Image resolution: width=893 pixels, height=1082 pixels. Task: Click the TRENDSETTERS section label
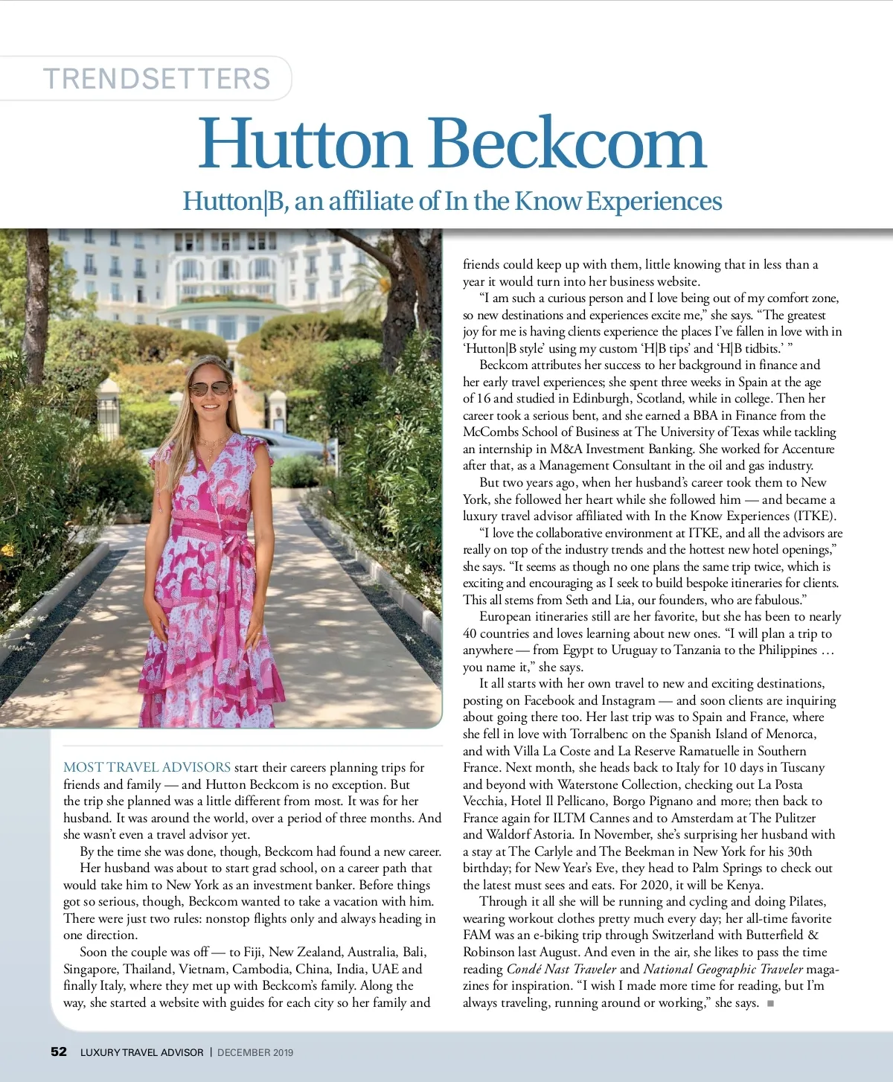tap(156, 79)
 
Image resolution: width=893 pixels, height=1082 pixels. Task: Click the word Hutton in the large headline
tap(304, 144)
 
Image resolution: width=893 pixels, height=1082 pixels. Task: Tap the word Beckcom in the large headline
tap(568, 144)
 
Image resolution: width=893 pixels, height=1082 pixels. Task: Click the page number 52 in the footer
tap(59, 1051)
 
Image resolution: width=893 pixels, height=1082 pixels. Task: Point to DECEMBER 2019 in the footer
tap(255, 1052)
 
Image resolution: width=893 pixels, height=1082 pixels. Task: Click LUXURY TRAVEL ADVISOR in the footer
tap(141, 1052)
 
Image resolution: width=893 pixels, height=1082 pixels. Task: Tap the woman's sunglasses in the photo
tap(209, 388)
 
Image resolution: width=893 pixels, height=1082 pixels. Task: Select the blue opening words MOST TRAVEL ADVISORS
tap(147, 767)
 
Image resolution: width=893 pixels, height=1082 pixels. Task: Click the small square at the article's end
tap(770, 1003)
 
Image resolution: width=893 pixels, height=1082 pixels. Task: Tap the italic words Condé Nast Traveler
tap(561, 969)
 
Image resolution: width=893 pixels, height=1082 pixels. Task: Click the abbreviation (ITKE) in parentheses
tap(815, 516)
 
